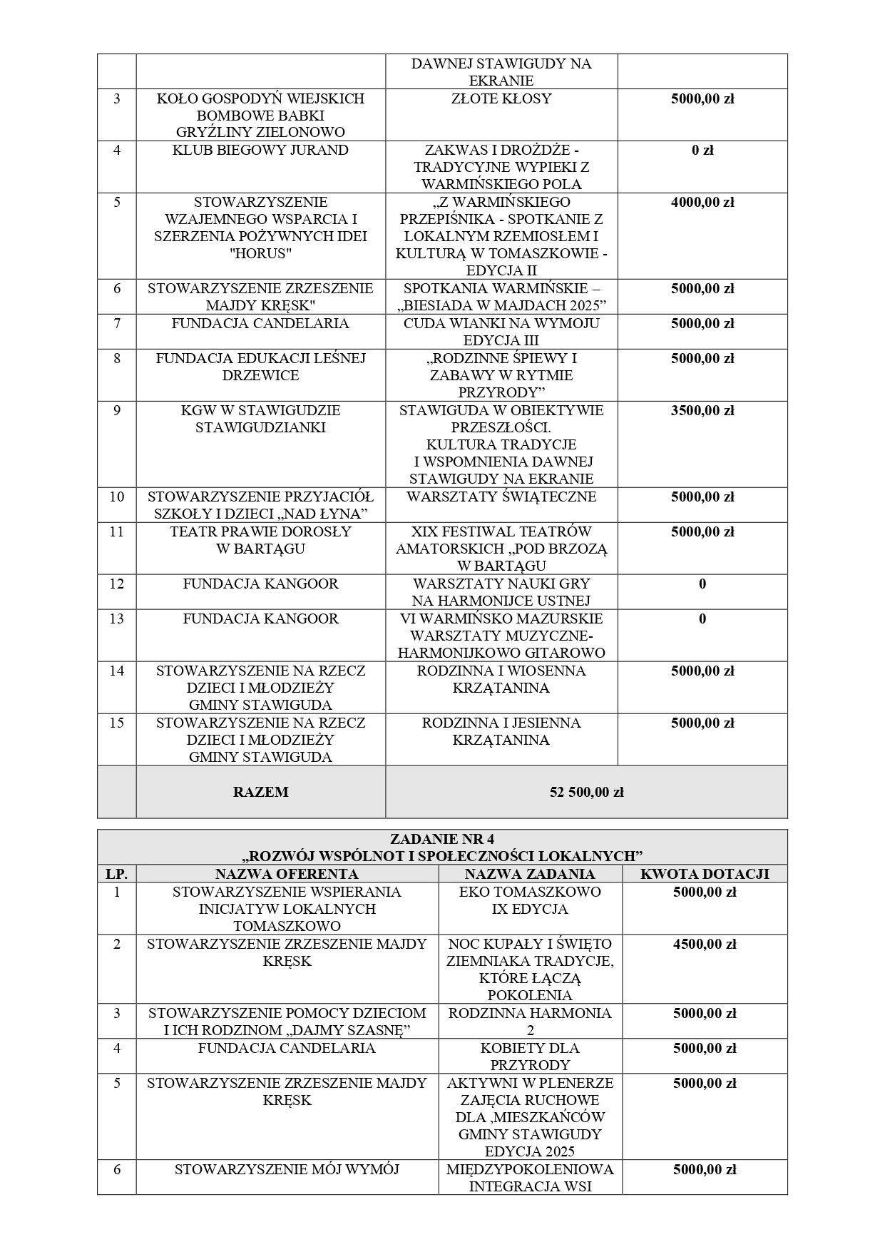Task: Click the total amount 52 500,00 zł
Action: pyautogui.click(x=586, y=792)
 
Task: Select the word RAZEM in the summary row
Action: pyautogui.click(x=260, y=792)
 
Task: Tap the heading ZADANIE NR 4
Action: pyautogui.click(x=442, y=839)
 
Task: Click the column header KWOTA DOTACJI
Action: pyautogui.click(x=705, y=874)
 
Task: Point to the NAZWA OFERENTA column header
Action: pyautogui.click(x=287, y=874)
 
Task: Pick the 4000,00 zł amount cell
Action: pyautogui.click(x=702, y=203)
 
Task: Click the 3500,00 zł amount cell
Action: pyautogui.click(x=702, y=411)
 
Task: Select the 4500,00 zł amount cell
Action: pyautogui.click(x=705, y=945)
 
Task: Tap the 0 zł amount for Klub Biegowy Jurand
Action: pyautogui.click(x=702, y=151)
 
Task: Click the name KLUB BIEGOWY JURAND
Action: pyautogui.click(x=260, y=151)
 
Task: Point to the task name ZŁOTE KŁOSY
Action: pyautogui.click(x=501, y=98)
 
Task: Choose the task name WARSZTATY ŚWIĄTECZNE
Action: pyautogui.click(x=501, y=497)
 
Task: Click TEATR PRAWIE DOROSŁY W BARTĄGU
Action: pyautogui.click(x=260, y=540)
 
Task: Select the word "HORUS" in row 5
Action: pyautogui.click(x=260, y=254)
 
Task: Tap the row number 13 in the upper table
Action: pyautogui.click(x=117, y=619)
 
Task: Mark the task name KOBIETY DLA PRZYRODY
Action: pyautogui.click(x=530, y=1057)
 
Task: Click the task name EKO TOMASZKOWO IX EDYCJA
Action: pyautogui.click(x=530, y=900)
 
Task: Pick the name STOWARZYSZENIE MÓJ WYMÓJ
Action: pyautogui.click(x=287, y=1169)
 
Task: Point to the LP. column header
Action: pyautogui.click(x=117, y=874)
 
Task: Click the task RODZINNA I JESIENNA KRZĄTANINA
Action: pyautogui.click(x=501, y=731)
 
